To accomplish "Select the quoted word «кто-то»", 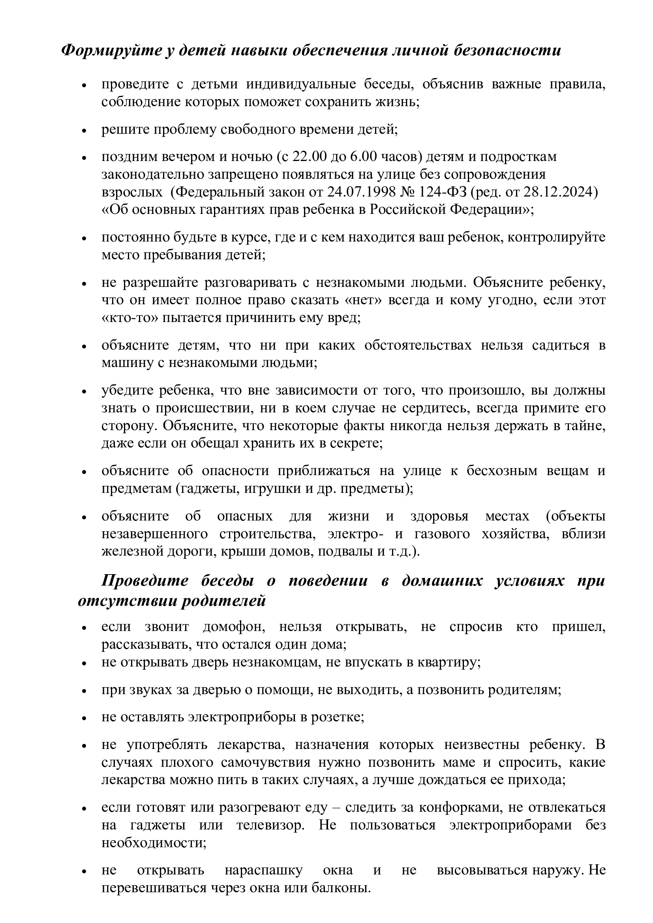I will (130, 318).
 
